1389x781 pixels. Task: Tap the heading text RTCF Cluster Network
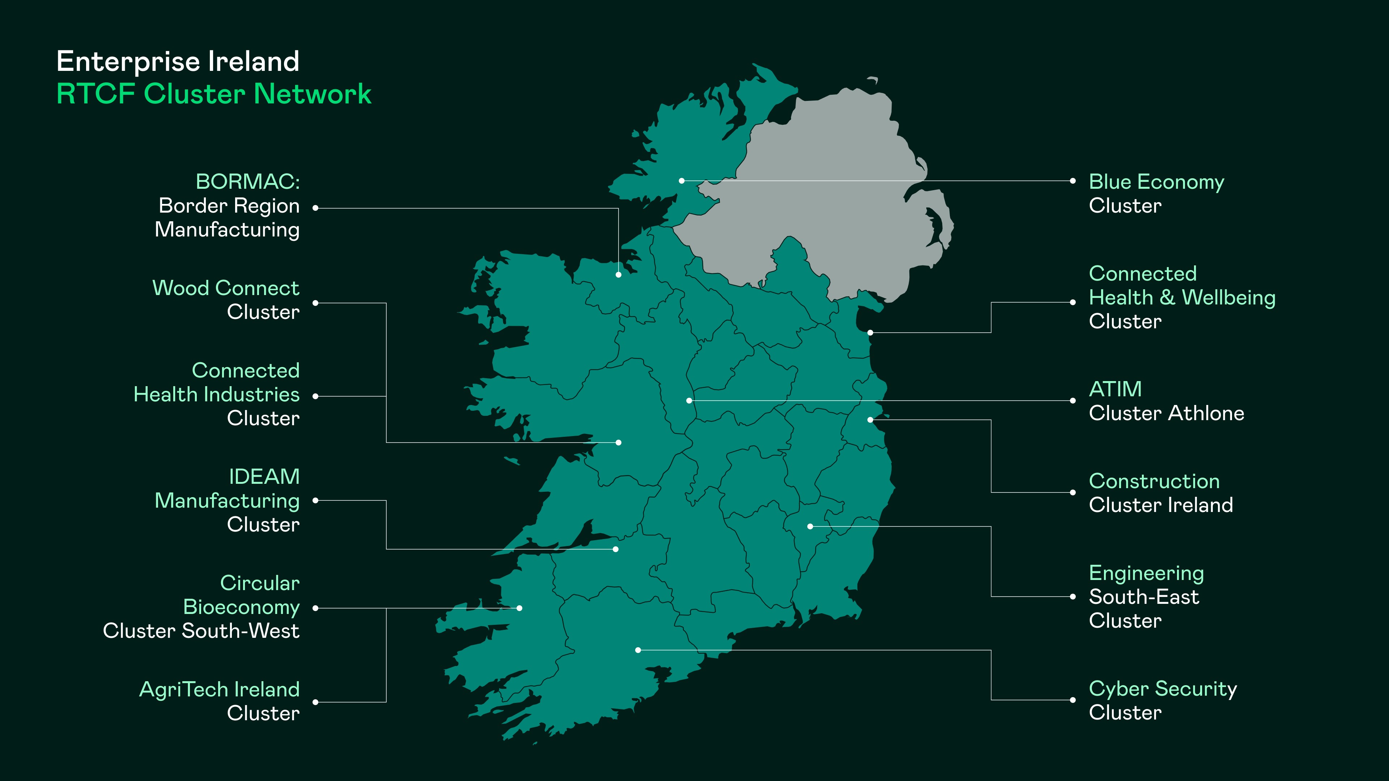[213, 94]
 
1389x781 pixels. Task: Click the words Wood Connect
[225, 289]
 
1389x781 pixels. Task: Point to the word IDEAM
[264, 477]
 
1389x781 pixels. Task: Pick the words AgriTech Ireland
[219, 690]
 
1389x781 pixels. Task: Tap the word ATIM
[1115, 389]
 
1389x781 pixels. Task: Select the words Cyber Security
[1163, 689]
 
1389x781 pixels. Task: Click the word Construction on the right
[1154, 481]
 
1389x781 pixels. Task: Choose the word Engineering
[1146, 573]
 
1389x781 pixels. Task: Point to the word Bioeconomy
[241, 607]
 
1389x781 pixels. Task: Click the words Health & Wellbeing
[1182, 298]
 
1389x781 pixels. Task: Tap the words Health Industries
[216, 394]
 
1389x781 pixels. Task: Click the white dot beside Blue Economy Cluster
[1072, 181]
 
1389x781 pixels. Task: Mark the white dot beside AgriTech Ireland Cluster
[315, 702]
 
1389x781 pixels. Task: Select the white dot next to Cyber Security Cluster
[1072, 700]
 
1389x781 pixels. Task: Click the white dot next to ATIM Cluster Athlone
[1072, 401]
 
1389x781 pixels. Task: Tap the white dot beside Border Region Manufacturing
[315, 208]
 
